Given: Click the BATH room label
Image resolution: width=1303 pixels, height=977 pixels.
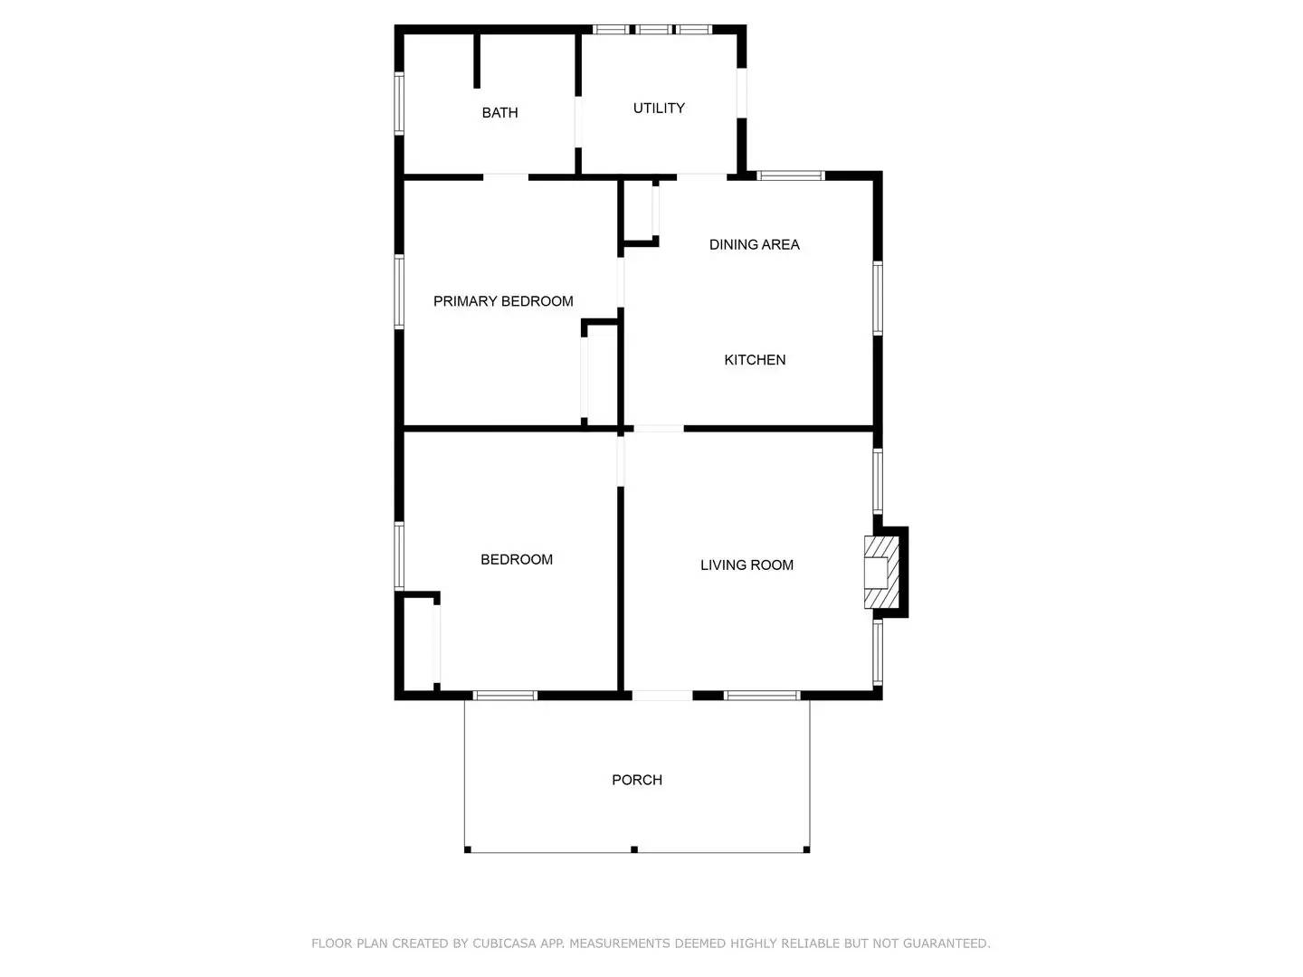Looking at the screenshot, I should point(499,113).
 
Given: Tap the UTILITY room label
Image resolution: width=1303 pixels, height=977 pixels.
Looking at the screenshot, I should point(659,109).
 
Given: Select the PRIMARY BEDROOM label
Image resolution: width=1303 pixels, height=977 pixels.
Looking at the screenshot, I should point(503,301).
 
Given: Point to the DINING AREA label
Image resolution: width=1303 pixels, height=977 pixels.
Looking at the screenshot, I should point(754,244).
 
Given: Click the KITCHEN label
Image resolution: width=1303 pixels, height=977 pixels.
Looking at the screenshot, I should point(755,360).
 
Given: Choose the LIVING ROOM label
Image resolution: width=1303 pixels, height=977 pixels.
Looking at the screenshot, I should point(747,565).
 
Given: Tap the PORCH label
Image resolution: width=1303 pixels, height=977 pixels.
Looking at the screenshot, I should point(637,780).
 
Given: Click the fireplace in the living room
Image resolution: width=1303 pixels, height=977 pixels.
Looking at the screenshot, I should point(881,573).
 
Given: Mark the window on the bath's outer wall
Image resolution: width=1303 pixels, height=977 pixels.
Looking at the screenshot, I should point(399,103).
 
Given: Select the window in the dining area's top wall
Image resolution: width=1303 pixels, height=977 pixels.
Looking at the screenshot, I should point(790,175).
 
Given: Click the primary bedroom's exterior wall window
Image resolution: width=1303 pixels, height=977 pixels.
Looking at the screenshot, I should point(399,291).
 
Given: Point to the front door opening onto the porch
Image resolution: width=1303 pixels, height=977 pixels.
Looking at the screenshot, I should point(662,696).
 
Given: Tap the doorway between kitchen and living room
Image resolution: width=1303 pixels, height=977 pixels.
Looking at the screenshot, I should point(658,429).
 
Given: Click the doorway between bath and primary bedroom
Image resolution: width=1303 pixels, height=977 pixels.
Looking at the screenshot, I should point(506,177).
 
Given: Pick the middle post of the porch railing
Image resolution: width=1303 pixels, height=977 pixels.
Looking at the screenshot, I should point(634,849).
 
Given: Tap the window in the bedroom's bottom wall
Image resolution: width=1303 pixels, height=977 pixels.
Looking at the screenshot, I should point(506,696).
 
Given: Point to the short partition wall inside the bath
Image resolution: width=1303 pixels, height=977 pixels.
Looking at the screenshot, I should point(477,62).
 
